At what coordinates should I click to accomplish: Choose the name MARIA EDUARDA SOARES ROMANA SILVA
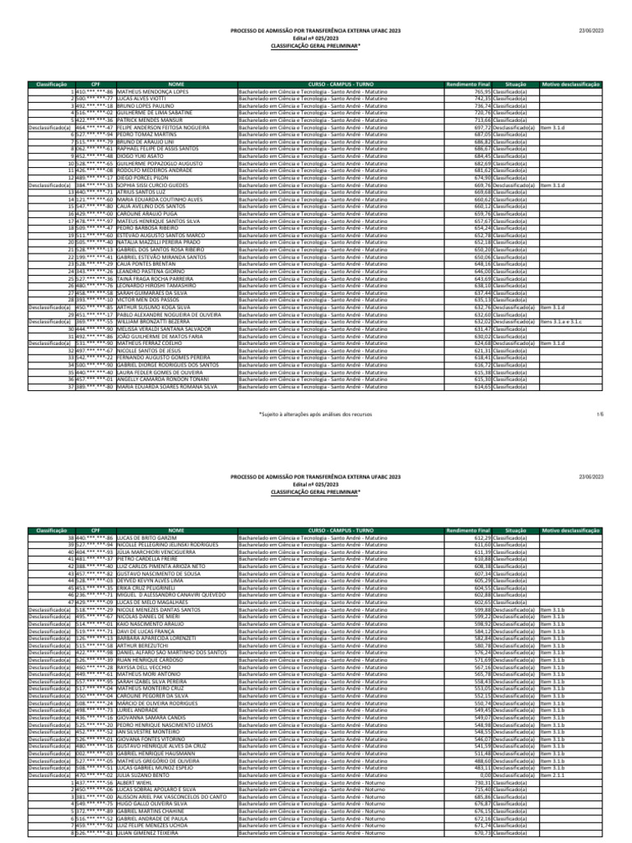coord(167,386)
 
